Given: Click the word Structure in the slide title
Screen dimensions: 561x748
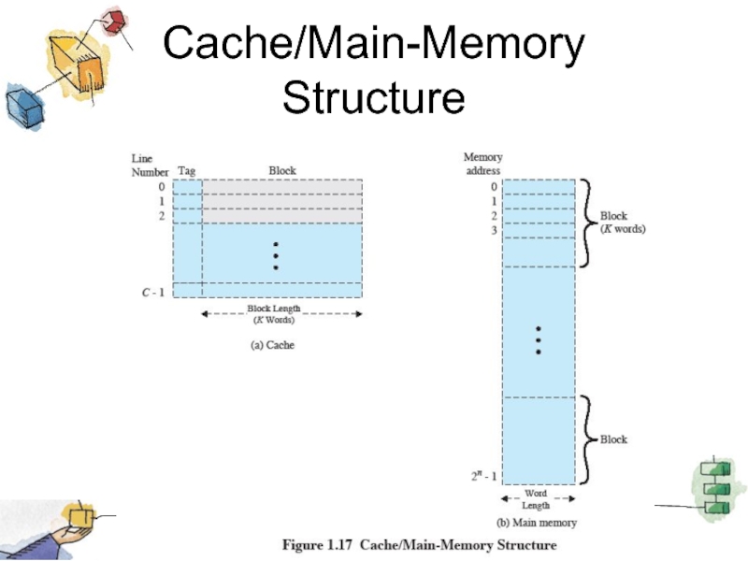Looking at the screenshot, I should (373, 97).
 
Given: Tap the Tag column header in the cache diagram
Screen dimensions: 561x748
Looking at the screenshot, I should (187, 171).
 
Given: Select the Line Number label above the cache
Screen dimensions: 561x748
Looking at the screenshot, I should (149, 165).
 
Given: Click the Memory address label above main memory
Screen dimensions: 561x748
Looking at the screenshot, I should (482, 165).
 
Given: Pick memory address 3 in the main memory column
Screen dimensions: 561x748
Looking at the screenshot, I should (494, 230).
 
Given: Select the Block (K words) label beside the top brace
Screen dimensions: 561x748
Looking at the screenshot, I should (623, 223).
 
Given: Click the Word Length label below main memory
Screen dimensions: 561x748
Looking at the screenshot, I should (536, 499).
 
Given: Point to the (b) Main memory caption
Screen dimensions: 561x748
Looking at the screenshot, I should (536, 523).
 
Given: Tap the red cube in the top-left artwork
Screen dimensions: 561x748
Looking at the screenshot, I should (114, 22).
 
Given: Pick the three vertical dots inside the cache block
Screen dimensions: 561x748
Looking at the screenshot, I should (276, 256).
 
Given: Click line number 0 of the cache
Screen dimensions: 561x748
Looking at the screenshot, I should (161, 186).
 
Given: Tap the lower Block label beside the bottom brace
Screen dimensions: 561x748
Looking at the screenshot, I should (613, 439).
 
